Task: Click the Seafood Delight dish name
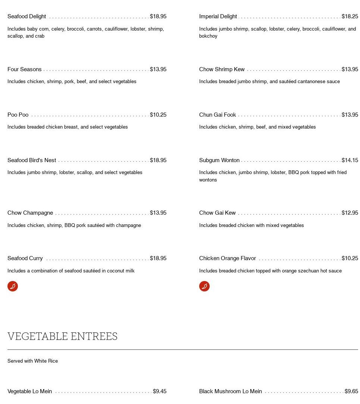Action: (x=27, y=16)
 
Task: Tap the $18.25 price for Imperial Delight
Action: (x=350, y=16)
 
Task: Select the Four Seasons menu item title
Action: (x=25, y=69)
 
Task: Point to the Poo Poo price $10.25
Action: (x=158, y=115)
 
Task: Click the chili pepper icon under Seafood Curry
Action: (x=13, y=286)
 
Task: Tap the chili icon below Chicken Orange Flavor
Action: (x=204, y=286)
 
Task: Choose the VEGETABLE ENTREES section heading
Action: (x=62, y=337)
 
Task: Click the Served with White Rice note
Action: (x=32, y=361)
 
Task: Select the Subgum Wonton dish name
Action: (x=219, y=160)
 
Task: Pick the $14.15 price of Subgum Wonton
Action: (x=350, y=160)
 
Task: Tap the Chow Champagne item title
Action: (x=30, y=213)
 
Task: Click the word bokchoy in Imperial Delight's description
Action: (x=208, y=36)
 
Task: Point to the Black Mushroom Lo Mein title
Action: (x=231, y=391)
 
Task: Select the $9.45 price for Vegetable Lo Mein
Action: (x=160, y=391)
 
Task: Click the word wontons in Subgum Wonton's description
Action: (x=208, y=180)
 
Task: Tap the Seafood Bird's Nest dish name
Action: (x=32, y=160)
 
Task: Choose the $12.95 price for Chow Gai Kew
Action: (x=350, y=213)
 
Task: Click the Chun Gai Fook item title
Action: (x=217, y=115)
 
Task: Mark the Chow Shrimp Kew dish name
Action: (x=222, y=69)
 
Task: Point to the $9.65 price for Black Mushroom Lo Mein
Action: (x=351, y=391)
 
